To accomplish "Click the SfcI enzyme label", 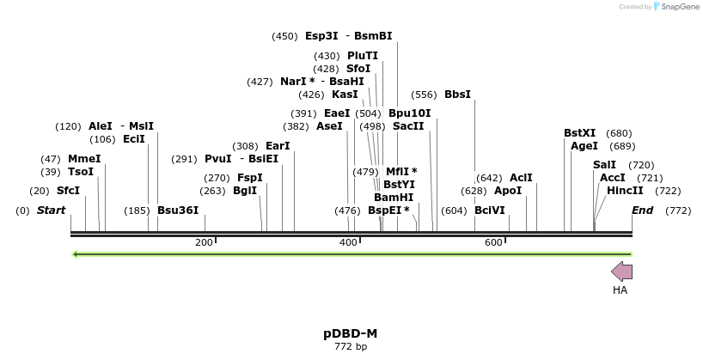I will point(68,191).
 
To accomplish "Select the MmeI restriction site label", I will point(84,159).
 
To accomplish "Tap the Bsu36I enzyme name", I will point(178,211).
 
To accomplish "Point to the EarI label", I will point(278,146).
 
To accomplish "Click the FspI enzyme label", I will point(250,178).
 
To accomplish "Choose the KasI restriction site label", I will point(345,95).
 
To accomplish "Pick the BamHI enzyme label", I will point(394,198).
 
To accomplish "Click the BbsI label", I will point(457,95).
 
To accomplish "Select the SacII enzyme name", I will point(408,126).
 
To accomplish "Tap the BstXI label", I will point(579,133).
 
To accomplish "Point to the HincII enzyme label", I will point(625,191).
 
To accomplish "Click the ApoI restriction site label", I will point(508,191).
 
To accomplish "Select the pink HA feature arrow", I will point(621,272).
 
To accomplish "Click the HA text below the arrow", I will point(620,290).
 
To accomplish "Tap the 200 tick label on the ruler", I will point(204,243).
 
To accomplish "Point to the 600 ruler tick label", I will point(493,243).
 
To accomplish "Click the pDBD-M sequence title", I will point(351,333).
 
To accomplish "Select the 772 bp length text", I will point(351,347).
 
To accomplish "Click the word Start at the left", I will point(52,211).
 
